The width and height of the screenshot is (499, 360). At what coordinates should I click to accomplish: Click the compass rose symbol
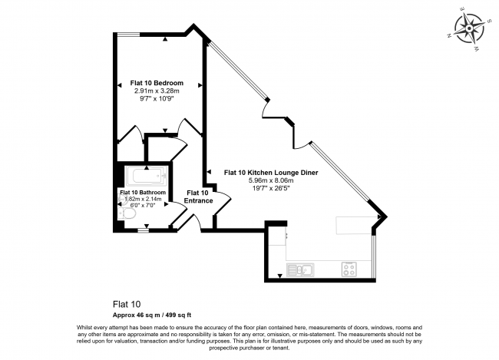[468, 28]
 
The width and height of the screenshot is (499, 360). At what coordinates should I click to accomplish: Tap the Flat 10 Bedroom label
[157, 83]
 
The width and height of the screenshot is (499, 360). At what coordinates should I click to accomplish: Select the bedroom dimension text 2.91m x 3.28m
[157, 91]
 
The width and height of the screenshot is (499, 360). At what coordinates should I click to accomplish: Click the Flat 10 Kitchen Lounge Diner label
[271, 173]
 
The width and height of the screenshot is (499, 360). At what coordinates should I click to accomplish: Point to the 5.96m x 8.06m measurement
[271, 180]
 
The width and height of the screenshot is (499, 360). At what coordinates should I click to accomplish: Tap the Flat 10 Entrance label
[198, 197]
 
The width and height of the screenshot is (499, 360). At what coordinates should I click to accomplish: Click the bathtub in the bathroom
[146, 176]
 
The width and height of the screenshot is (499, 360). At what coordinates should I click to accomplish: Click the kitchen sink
[300, 270]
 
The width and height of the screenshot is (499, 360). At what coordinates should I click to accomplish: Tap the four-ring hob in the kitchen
[349, 269]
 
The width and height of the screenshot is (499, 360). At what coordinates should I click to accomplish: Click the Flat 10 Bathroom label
[143, 192]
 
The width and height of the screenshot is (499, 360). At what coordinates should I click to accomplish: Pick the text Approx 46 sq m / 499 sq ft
[152, 315]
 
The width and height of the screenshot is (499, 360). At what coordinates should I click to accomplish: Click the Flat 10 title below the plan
[127, 304]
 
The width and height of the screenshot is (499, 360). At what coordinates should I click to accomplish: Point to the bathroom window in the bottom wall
[144, 230]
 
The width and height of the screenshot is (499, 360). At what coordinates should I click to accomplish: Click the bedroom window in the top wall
[128, 34]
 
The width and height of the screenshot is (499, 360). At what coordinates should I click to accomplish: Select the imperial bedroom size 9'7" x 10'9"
[157, 99]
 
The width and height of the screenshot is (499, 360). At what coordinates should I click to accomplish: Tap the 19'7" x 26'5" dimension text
[271, 188]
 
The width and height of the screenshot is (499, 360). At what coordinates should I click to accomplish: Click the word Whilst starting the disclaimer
[84, 327]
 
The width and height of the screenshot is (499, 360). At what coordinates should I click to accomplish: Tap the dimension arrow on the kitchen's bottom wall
[279, 276]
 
